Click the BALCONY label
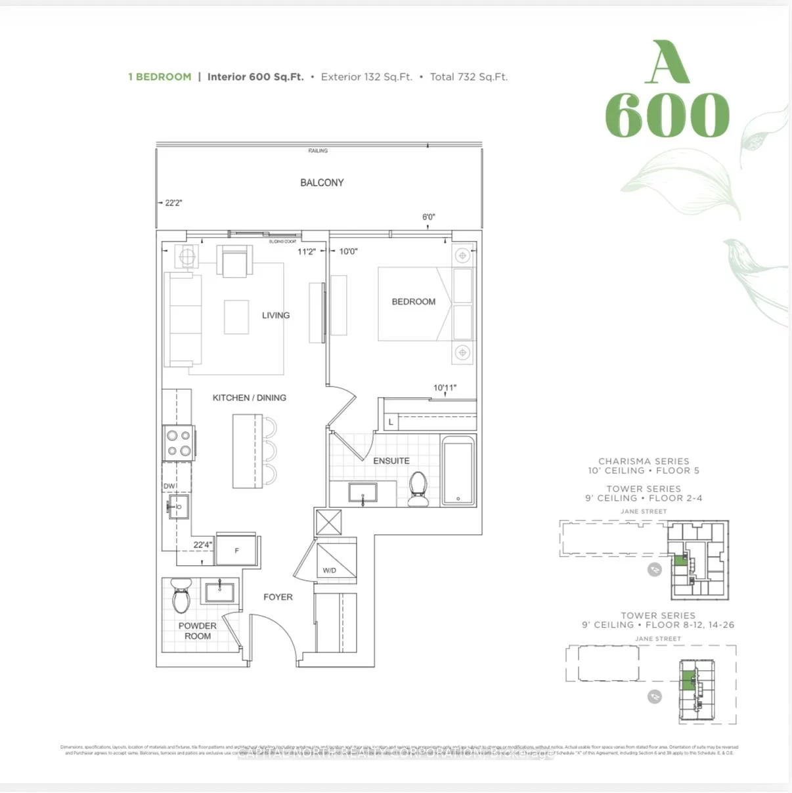coord(322,182)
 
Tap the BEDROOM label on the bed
coord(413,301)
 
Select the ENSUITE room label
coord(391,461)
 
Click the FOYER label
coord(278,597)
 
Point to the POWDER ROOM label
coord(198,631)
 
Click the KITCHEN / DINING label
coord(249,398)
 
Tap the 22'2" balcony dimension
coord(173,203)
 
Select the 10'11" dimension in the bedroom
coord(445,388)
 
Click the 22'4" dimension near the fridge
coord(202,545)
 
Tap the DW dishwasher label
coord(169,486)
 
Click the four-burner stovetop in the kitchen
coord(179,442)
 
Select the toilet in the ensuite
coord(418,490)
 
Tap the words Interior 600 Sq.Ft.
coord(255,77)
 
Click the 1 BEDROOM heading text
coord(160,77)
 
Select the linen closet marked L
coord(391,422)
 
